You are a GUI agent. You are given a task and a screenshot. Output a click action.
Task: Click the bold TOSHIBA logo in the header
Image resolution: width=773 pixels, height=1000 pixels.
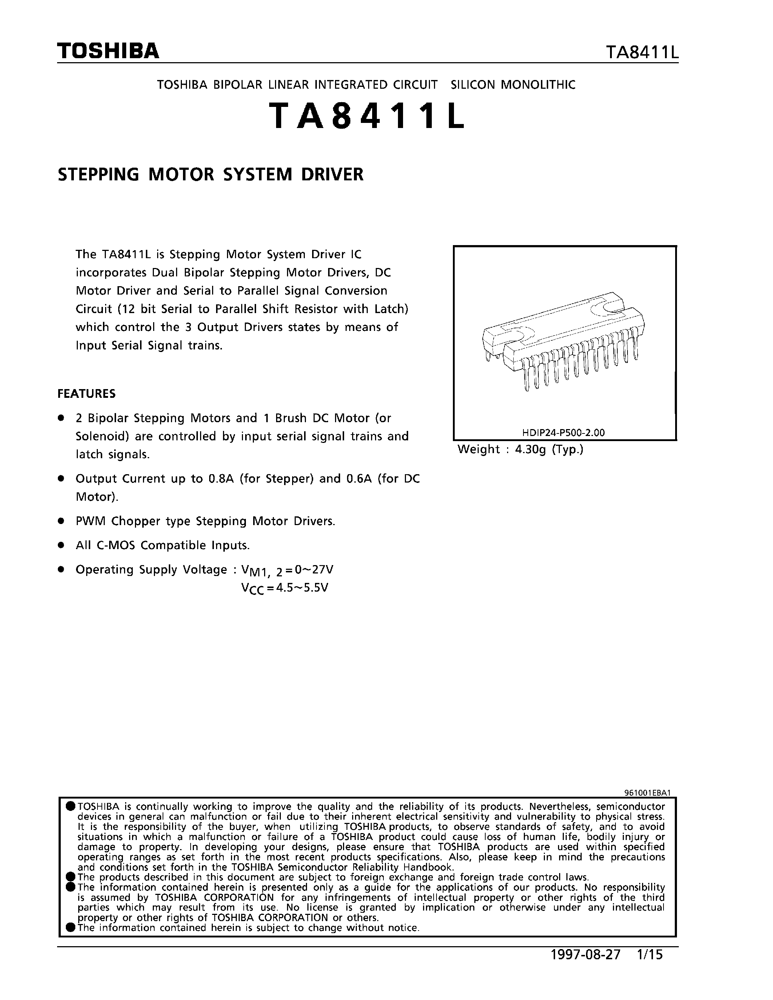(x=108, y=51)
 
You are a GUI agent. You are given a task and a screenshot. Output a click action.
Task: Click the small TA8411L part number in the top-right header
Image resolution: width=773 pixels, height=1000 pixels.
(x=642, y=53)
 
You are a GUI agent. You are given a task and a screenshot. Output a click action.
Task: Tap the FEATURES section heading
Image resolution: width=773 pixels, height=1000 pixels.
(x=87, y=394)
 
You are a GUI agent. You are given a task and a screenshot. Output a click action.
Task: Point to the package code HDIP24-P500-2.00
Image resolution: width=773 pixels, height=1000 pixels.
(x=563, y=432)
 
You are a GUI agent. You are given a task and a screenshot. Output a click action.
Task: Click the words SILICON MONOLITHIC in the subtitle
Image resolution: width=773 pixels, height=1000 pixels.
(x=513, y=85)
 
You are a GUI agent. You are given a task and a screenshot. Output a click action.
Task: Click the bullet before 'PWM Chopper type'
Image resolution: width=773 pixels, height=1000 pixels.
(x=60, y=521)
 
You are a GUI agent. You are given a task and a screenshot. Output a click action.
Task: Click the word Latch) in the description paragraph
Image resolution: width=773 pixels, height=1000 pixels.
(x=391, y=309)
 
